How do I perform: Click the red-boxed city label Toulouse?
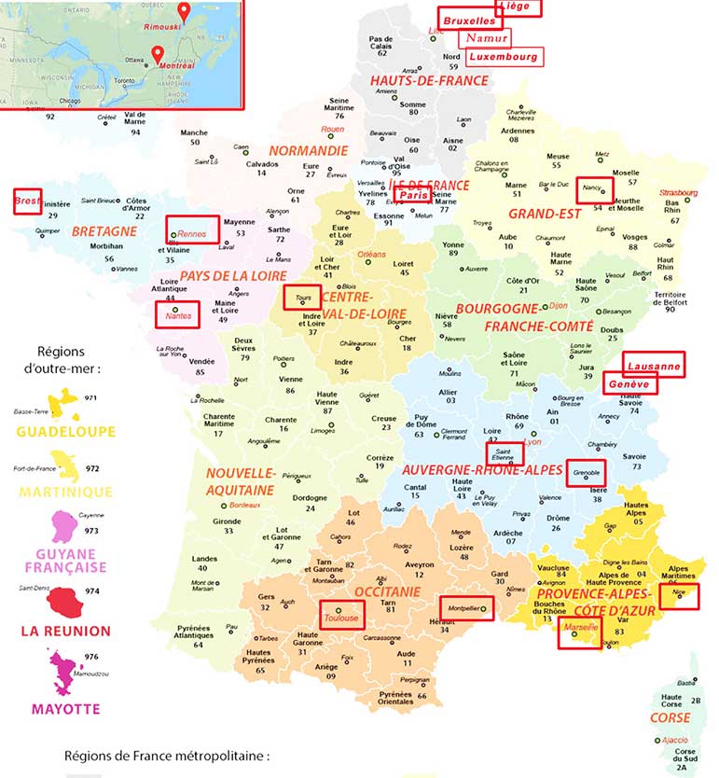point(339,617)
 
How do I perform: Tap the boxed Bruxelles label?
point(470,19)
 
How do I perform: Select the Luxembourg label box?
point(504,56)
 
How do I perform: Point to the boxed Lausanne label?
point(653,365)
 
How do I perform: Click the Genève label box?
point(630,383)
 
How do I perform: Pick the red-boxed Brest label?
point(27,201)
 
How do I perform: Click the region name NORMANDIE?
point(309,150)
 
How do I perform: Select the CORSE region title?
point(671,717)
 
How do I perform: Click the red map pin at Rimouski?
point(184,12)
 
